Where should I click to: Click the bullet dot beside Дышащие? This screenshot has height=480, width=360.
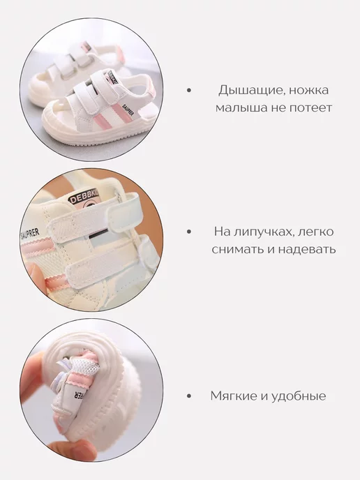tap(189, 90)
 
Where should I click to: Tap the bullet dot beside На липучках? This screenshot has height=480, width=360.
tap(189, 232)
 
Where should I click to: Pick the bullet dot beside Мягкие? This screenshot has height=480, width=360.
tap(189, 396)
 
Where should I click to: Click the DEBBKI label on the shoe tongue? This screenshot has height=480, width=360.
tap(83, 197)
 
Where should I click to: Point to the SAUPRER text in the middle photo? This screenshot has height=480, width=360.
tap(30, 234)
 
